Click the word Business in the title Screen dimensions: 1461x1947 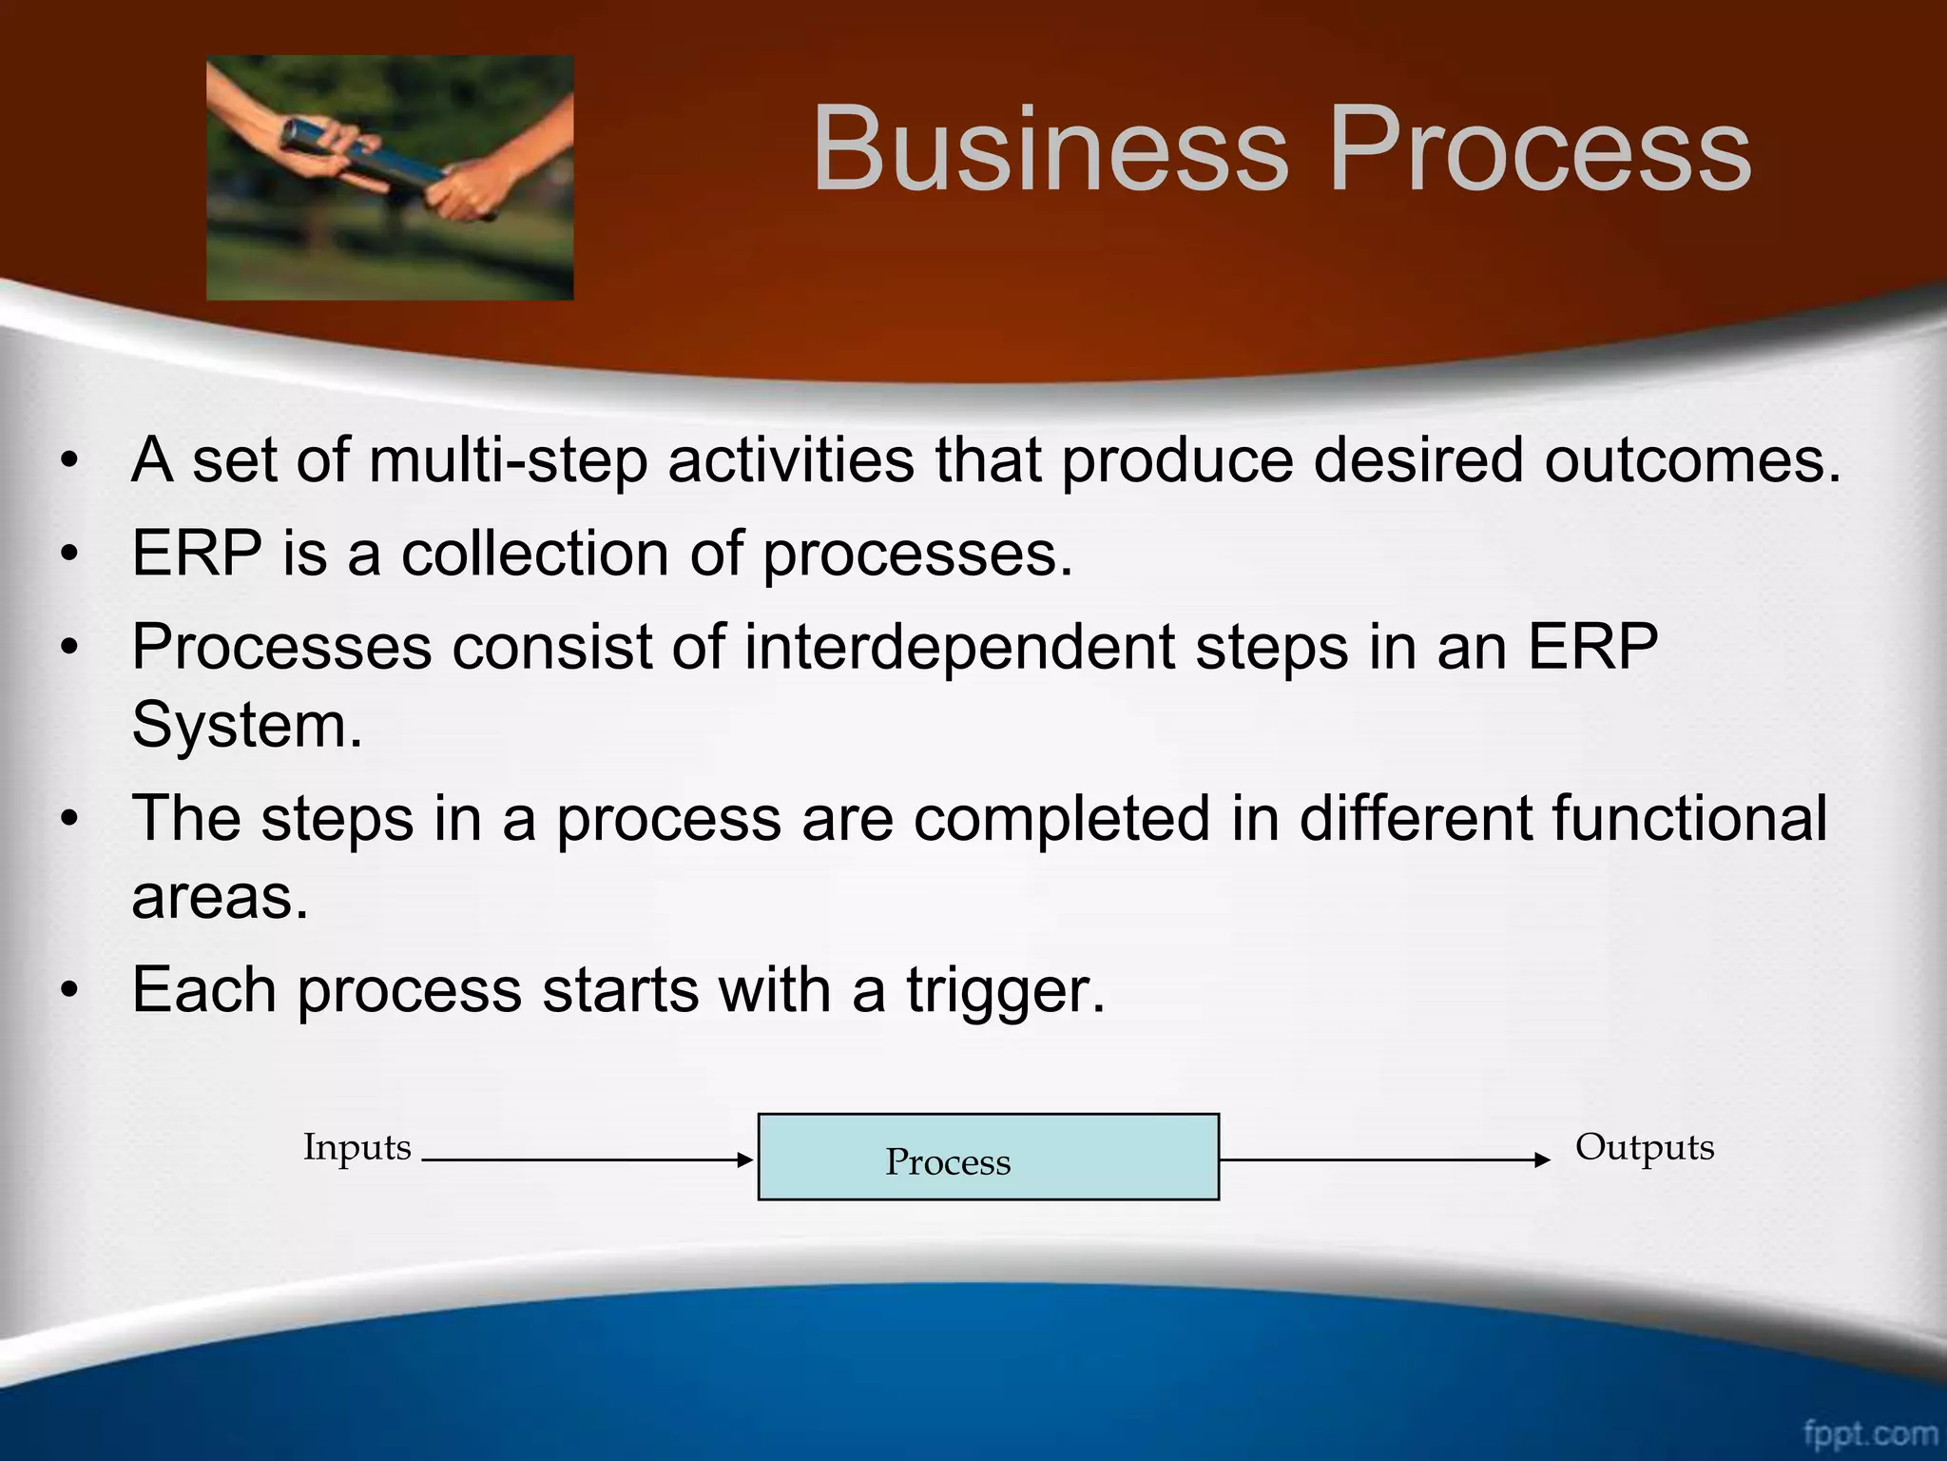click(x=1050, y=150)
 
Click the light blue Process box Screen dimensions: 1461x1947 click(x=988, y=1156)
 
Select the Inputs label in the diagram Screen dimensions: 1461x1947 click(x=357, y=1147)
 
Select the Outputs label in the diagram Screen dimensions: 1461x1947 click(x=1644, y=1147)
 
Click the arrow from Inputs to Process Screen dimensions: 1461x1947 click(x=586, y=1159)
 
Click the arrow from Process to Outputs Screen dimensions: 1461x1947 click(x=1383, y=1159)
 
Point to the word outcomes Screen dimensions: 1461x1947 click(x=1691, y=460)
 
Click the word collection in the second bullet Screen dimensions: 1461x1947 click(x=534, y=554)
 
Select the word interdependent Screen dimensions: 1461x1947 click(x=959, y=648)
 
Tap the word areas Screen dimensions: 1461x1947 click(x=220, y=897)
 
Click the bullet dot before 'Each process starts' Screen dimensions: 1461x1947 click(x=68, y=991)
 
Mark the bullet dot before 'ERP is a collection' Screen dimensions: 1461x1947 click(x=68, y=555)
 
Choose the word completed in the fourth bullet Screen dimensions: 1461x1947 click(x=1062, y=819)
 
